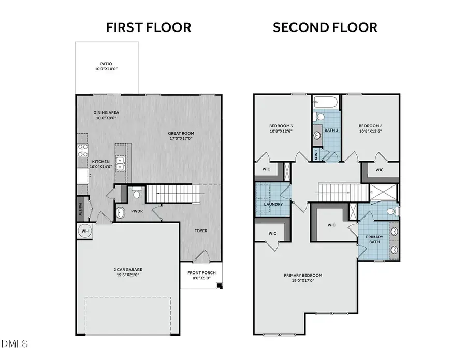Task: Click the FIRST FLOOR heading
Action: pos(149,27)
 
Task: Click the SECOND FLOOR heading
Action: pos(325,27)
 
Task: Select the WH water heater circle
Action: pos(84,231)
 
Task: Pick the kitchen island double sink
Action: pos(120,164)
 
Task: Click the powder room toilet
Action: pos(137,194)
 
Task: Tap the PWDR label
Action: pos(137,211)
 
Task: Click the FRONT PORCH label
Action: pos(201,273)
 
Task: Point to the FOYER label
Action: pos(201,231)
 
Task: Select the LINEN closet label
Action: pos(316,154)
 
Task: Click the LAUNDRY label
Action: pos(273,204)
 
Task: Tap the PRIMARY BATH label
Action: pos(374,240)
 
